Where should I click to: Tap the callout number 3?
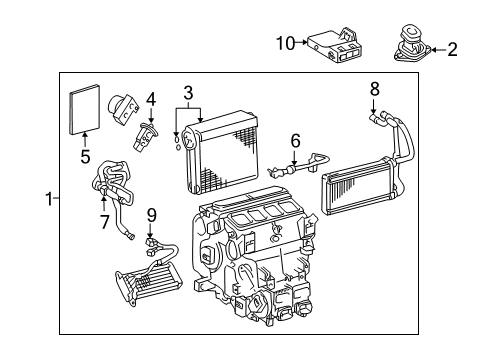pyautogui.click(x=187, y=93)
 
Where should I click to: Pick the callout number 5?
pyautogui.click(x=85, y=157)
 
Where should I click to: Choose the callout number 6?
pyautogui.click(x=295, y=142)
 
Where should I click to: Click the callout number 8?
pyautogui.click(x=374, y=88)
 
